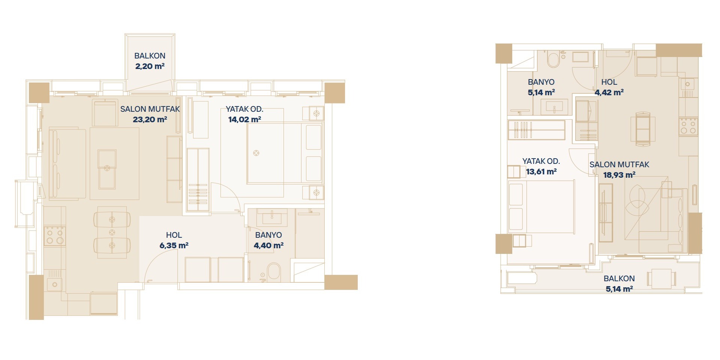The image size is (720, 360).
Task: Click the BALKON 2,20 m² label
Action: point(150,61)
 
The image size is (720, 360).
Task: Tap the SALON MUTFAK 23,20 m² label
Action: point(150,114)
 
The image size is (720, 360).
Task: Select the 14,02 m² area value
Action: point(244,119)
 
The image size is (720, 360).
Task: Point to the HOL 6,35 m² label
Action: point(174,240)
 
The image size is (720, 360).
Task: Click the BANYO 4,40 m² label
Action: point(268,240)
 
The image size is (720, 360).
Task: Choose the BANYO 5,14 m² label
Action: point(541,87)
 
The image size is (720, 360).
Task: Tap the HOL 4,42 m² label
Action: point(609,87)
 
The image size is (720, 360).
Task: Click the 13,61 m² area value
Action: point(541,171)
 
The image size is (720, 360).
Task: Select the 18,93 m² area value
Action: point(619,175)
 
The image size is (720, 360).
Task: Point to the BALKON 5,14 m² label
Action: point(619,283)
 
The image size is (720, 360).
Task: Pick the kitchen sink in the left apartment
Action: point(55,284)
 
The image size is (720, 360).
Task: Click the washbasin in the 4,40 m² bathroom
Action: point(272,216)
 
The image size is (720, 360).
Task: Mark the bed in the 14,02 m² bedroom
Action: point(284,153)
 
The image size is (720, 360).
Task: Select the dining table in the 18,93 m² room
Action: point(643,129)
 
